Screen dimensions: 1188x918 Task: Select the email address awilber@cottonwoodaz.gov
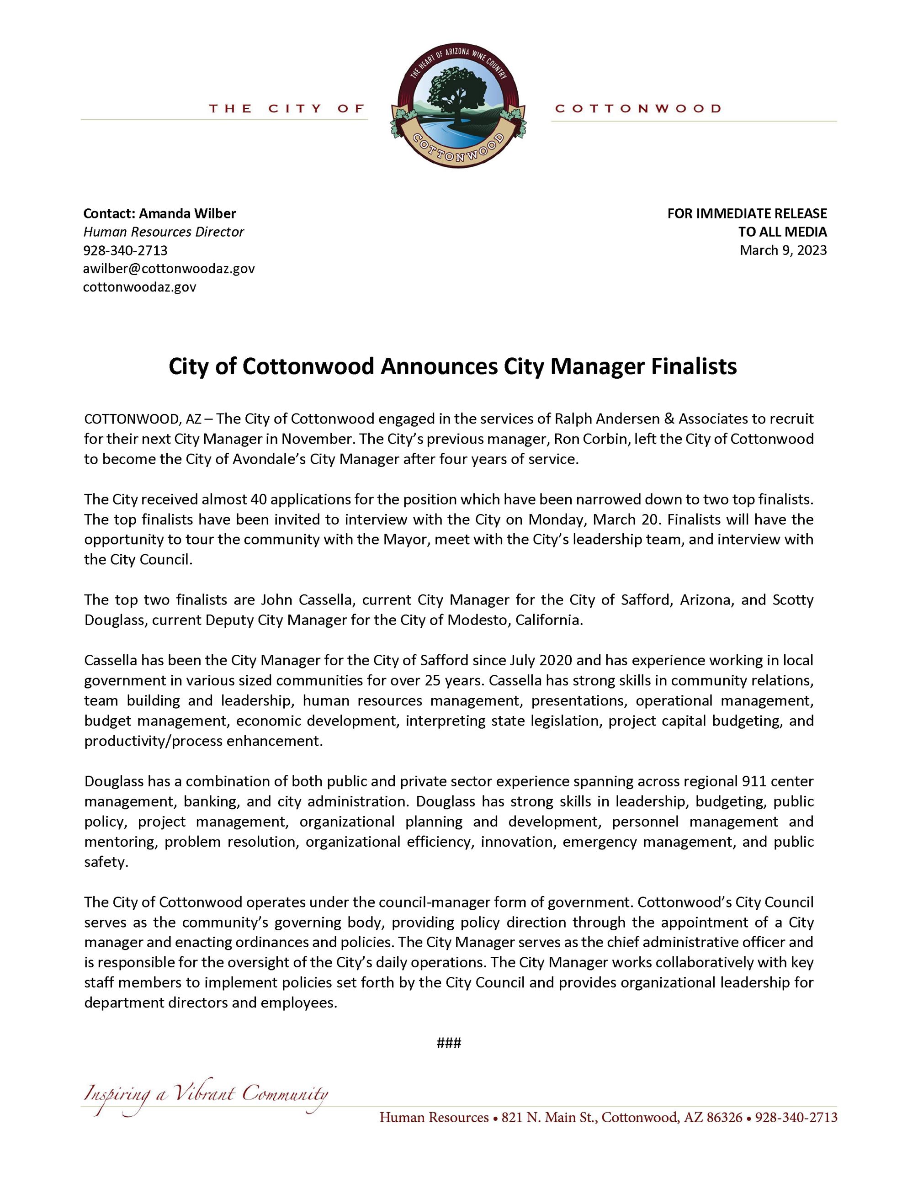169,269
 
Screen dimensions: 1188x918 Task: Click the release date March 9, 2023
783,250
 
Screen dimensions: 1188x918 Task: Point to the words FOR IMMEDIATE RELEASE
747,213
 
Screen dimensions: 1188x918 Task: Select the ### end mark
449,1043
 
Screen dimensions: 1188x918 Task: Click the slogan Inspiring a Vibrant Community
206,1093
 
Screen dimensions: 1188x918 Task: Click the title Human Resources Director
163,232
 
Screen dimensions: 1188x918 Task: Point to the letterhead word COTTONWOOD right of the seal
637,109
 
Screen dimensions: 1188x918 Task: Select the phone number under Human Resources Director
125,250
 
